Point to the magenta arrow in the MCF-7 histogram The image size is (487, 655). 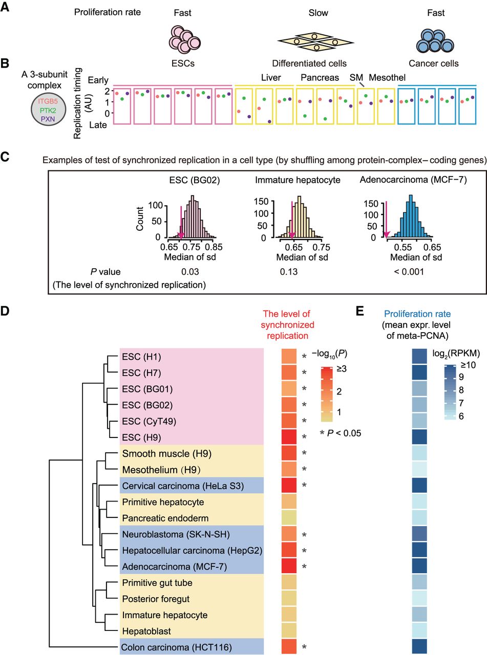[387, 220]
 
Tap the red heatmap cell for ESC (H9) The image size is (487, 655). [290, 438]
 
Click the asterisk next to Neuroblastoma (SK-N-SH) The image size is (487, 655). [305, 535]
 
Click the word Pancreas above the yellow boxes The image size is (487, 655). [320, 78]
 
